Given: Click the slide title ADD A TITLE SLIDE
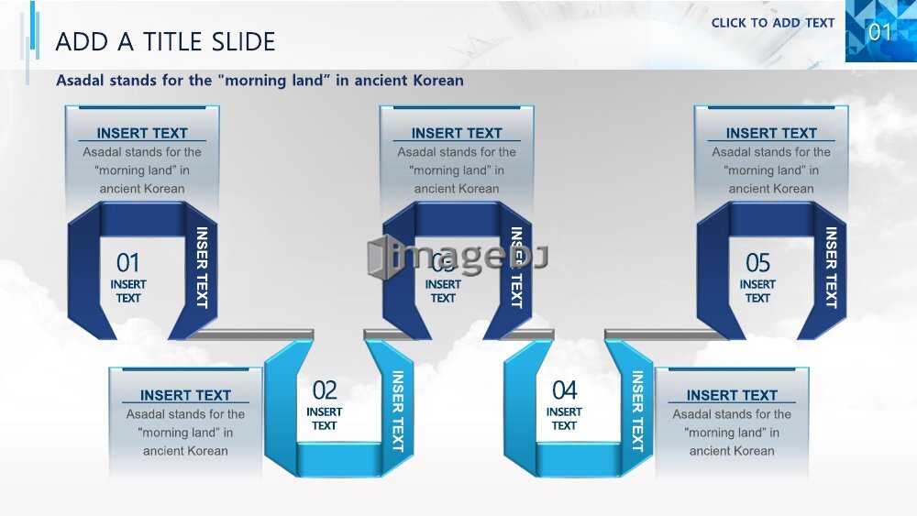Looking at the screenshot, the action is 165,42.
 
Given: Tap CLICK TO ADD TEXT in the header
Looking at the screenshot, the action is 772,23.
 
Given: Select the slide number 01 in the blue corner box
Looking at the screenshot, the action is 879,31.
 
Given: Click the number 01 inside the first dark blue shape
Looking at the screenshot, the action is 127,263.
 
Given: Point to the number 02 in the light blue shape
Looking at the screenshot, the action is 325,390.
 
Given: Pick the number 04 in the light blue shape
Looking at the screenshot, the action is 564,390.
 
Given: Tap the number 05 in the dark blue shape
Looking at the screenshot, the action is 758,263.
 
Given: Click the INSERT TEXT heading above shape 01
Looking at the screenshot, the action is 142,133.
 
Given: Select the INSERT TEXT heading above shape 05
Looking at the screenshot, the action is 771,133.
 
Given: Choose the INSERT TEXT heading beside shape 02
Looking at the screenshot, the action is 185,396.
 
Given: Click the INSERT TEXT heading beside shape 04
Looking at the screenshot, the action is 732,396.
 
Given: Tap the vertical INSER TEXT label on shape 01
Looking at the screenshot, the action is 202,268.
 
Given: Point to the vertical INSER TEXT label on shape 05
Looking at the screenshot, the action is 831,268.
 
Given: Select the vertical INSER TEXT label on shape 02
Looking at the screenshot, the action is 398,412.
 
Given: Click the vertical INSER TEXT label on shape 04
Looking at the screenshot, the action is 637,412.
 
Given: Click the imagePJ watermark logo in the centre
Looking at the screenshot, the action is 458,256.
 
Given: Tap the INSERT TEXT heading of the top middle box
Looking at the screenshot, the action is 457,133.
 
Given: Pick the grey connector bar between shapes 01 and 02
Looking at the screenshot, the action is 251,335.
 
